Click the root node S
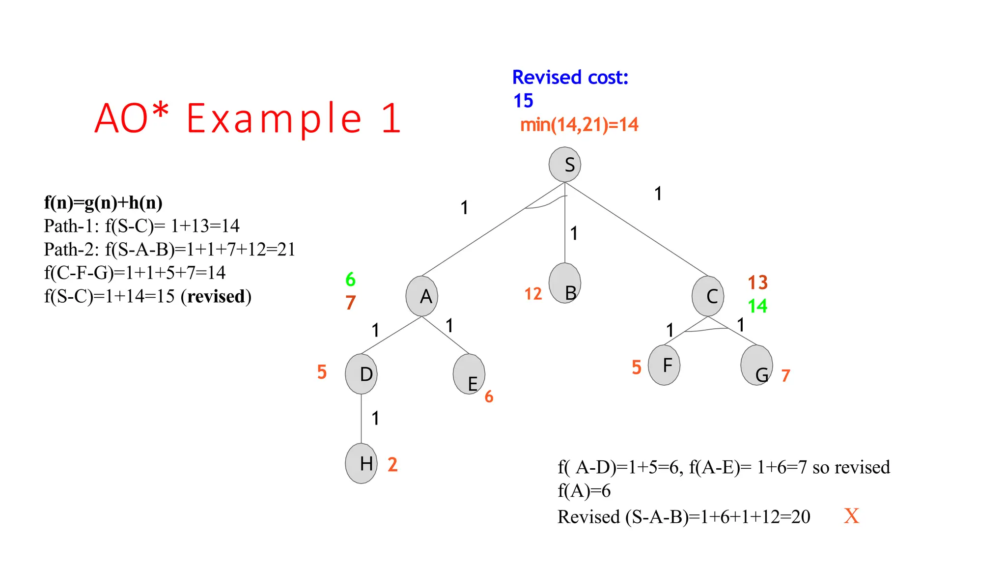point(565,164)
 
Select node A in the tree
point(422,296)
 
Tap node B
point(565,283)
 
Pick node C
point(708,296)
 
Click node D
point(361,374)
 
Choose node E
point(469,374)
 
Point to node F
point(664,365)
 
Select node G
point(756,365)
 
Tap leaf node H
point(361,463)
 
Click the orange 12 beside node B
point(533,294)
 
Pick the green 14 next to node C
point(757,306)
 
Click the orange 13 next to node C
point(757,283)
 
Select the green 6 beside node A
point(350,280)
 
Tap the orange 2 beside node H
point(392,464)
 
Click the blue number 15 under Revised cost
point(523,101)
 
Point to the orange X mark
point(851,516)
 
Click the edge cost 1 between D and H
point(375,418)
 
